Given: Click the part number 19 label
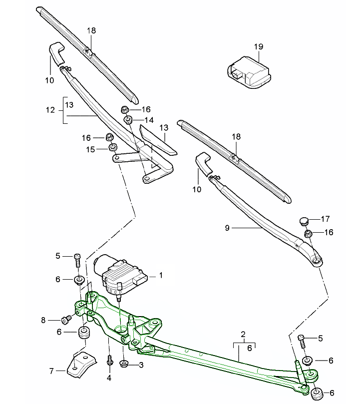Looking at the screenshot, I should pyautogui.click(x=258, y=46).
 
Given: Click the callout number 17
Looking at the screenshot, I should pyautogui.click(x=325, y=218).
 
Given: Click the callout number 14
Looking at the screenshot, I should pyautogui.click(x=149, y=120).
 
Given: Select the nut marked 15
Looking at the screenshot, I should pyautogui.click(x=114, y=147).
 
